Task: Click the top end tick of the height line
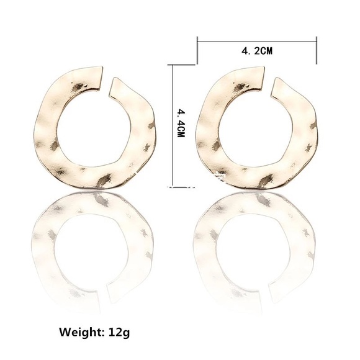(x=171, y=63)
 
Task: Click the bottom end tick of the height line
(x=171, y=184)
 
